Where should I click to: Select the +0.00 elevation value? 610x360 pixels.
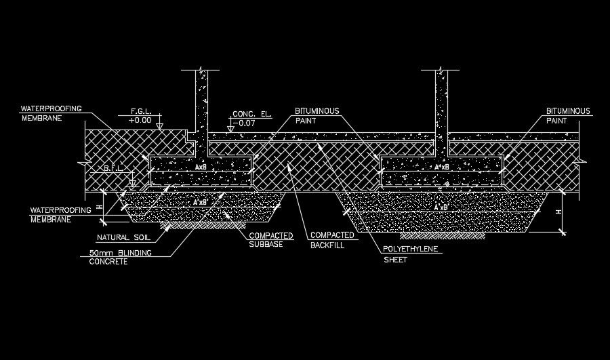pyautogui.click(x=140, y=120)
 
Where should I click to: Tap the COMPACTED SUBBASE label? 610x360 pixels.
pyautogui.click(x=270, y=239)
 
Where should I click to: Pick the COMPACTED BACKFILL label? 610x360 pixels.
pyautogui.click(x=332, y=239)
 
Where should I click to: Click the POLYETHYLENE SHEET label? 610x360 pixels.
pyautogui.click(x=411, y=254)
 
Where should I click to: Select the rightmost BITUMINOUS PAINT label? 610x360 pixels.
pyautogui.click(x=567, y=115)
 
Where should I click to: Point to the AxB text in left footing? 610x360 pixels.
pyautogui.click(x=201, y=166)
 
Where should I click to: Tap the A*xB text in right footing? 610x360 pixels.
pyautogui.click(x=442, y=166)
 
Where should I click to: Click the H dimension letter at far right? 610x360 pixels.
pyautogui.click(x=558, y=212)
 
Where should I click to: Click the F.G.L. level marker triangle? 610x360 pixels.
pyautogui.click(x=159, y=125)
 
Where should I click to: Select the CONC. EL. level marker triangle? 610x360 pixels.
pyautogui.click(x=230, y=127)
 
